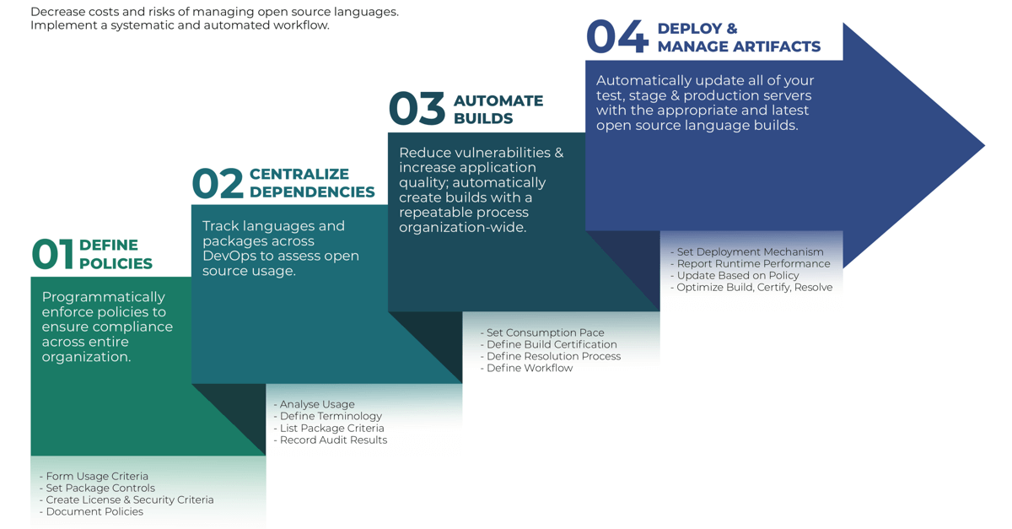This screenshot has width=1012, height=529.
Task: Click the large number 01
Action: pyautogui.click(x=52, y=254)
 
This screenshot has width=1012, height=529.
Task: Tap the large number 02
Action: pyautogui.click(x=218, y=183)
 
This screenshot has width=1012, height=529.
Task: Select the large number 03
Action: pyautogui.click(x=417, y=109)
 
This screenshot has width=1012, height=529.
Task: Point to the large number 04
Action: pyautogui.click(x=617, y=36)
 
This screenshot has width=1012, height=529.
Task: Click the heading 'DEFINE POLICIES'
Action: pyautogui.click(x=116, y=254)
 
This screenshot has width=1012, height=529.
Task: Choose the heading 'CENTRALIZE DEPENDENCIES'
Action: pyautogui.click(x=312, y=183)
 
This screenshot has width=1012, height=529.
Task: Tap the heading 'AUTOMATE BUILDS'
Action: pyautogui.click(x=498, y=110)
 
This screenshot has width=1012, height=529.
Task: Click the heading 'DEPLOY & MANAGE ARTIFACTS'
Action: pyautogui.click(x=739, y=37)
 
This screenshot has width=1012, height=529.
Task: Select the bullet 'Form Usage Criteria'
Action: pyautogui.click(x=94, y=476)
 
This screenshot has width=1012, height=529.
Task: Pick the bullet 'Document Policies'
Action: pyautogui.click(x=91, y=511)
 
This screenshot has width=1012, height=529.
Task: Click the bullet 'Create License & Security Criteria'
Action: pyautogui.click(x=126, y=499)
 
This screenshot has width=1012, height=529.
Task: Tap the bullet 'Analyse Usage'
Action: pyautogui.click(x=314, y=404)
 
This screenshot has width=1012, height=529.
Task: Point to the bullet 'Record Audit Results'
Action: pyautogui.click(x=331, y=440)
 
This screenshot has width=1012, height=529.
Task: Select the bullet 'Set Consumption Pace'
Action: pyautogui.click(x=542, y=332)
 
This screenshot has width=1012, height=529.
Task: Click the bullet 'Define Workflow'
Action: pyautogui.click(x=526, y=368)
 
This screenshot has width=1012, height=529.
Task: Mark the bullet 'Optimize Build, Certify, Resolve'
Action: pyautogui.click(x=751, y=287)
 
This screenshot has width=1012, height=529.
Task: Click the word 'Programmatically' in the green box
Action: pyautogui.click(x=104, y=298)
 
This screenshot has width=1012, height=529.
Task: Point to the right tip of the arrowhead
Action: pyautogui.click(x=984, y=146)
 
